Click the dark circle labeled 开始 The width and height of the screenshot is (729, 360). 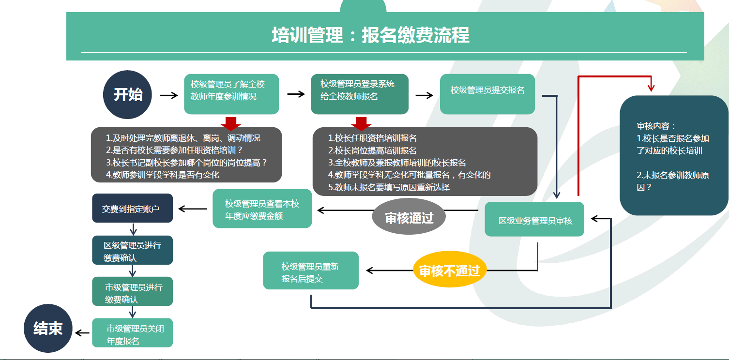128,95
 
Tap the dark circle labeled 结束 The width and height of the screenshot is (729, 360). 48,329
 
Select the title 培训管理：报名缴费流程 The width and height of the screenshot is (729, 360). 370,36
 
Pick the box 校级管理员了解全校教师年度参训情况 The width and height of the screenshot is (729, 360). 231,94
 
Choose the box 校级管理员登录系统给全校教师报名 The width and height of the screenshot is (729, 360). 360,94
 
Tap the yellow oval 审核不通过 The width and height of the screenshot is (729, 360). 449,270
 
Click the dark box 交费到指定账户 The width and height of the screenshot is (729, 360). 132,209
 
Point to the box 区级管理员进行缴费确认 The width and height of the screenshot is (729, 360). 132,251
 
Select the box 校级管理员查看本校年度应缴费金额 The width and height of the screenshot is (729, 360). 262,209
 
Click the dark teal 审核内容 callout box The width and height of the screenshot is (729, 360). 674,155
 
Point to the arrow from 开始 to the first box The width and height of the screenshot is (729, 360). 169,95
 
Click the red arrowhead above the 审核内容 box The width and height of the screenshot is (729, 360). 651,88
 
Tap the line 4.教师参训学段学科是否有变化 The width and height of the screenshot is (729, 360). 163,175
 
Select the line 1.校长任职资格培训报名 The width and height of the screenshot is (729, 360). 373,138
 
